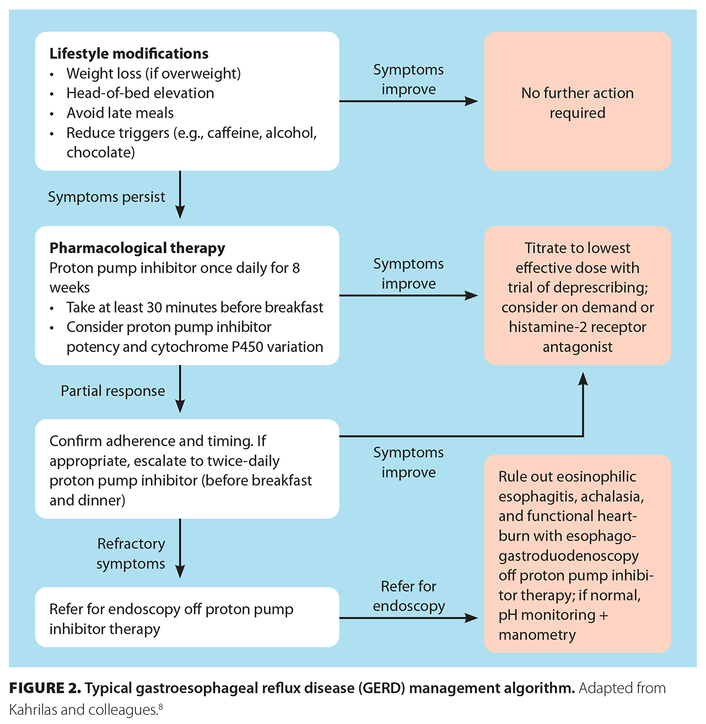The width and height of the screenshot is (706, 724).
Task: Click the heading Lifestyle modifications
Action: [x=128, y=54]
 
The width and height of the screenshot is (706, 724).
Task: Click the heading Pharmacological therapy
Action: [x=137, y=248]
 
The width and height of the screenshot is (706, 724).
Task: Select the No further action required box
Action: [x=577, y=102]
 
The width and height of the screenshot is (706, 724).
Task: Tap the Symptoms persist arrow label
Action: [x=106, y=197]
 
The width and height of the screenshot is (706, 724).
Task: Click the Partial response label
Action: [x=113, y=391]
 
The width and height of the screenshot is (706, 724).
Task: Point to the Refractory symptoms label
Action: [x=131, y=554]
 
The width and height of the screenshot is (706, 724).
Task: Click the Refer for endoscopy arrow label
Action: [x=408, y=596]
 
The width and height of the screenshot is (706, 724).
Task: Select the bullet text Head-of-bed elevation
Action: [x=140, y=93]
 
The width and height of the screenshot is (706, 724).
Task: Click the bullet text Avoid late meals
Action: [x=120, y=113]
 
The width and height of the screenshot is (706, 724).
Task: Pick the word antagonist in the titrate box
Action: [x=577, y=347]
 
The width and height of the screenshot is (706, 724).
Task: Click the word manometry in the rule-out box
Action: [x=537, y=635]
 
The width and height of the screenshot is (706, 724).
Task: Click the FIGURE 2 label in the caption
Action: [x=45, y=688]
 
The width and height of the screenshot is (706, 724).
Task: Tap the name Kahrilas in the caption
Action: [x=33, y=710]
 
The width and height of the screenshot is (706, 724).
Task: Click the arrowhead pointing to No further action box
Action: [x=472, y=101]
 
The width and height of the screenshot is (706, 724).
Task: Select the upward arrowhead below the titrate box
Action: [x=583, y=379]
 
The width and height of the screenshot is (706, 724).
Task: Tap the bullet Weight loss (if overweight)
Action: [x=153, y=74]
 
